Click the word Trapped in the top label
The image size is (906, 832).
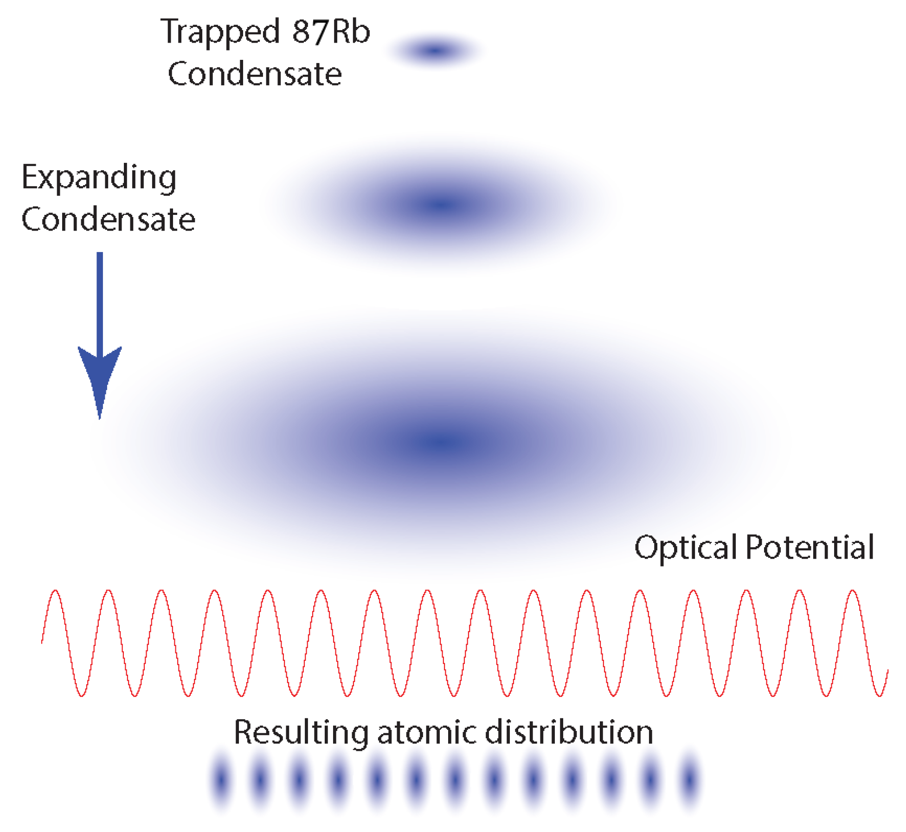pyautogui.click(x=219, y=32)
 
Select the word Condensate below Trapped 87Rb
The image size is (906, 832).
pyautogui.click(x=255, y=74)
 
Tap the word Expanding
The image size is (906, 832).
pyautogui.click(x=99, y=178)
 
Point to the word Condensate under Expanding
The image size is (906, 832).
pyautogui.click(x=108, y=219)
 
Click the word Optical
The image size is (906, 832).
pyautogui.click(x=686, y=548)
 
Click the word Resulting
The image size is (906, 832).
pyautogui.click(x=301, y=732)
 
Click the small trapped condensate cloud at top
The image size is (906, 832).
pyautogui.click(x=435, y=50)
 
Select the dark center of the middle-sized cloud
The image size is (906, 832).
pyautogui.click(x=441, y=204)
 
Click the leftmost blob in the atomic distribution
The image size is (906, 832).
pyautogui.click(x=221, y=780)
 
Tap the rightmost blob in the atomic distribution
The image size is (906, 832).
pyautogui.click(x=690, y=780)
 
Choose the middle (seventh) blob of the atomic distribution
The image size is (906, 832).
pyautogui.click(x=455, y=780)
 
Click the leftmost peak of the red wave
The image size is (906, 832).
pyautogui.click(x=55, y=592)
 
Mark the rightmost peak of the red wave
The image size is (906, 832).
pyautogui.click(x=853, y=592)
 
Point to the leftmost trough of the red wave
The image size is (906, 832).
pyautogui.click(x=82, y=695)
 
